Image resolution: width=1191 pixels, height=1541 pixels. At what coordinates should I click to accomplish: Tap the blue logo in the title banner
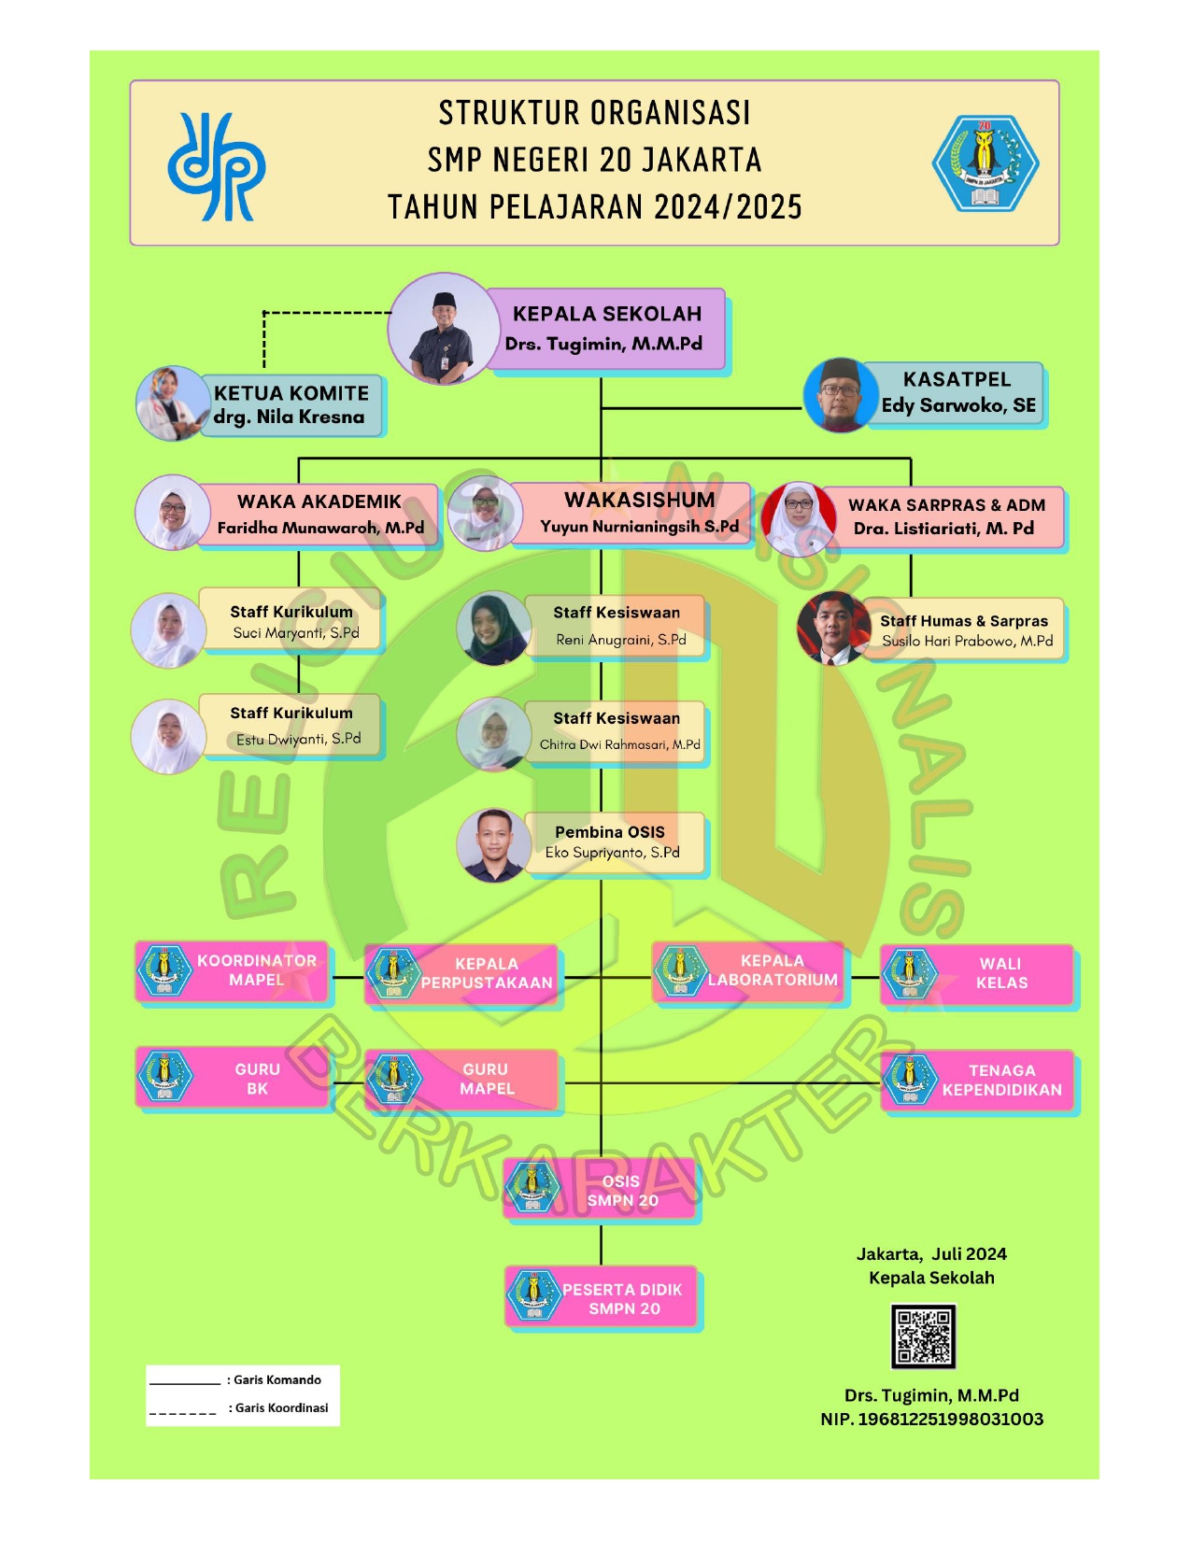coord(216,167)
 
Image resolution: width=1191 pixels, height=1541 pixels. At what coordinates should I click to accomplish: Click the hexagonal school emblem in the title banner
coord(985,163)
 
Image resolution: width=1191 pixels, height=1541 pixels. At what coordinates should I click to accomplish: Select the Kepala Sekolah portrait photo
coord(444,329)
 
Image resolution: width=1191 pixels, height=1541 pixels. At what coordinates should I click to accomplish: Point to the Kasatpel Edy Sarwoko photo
coord(841,395)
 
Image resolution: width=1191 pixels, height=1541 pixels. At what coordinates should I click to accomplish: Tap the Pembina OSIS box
coord(612,842)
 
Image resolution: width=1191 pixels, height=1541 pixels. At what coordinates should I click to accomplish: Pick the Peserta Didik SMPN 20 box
coord(603,1298)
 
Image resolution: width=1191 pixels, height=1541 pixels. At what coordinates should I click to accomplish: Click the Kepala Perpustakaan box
coord(462,974)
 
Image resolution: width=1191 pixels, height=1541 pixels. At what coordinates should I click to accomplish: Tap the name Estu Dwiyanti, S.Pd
coord(298,739)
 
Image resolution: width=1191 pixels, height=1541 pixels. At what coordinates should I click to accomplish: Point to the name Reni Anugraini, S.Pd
coord(621,640)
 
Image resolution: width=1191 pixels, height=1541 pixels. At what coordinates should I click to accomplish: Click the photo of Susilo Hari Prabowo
coord(833,629)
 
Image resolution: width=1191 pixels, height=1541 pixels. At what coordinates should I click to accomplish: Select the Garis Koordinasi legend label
coord(281,1407)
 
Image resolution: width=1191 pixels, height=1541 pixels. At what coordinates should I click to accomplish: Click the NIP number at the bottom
coord(931,1419)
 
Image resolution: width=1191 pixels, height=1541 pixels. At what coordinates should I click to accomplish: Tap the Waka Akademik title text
coord(319,502)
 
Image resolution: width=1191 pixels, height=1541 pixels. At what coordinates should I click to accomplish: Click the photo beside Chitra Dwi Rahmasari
coord(493,734)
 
